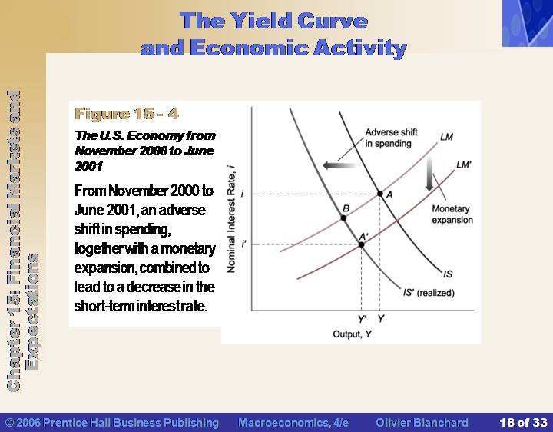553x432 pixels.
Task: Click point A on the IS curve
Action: coord(380,194)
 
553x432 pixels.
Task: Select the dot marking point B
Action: coord(343,218)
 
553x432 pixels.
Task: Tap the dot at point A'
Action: coord(361,244)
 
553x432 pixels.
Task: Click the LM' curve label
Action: coord(463,164)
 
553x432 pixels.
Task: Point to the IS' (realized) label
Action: coord(429,293)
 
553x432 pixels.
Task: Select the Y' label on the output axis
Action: coord(362,319)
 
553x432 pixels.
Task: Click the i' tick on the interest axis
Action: coord(243,244)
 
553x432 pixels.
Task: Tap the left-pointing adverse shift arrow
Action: coord(339,165)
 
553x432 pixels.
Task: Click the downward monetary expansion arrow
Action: coord(429,174)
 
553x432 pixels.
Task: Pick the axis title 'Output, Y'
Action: coord(352,334)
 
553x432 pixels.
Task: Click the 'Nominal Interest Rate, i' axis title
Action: coord(231,218)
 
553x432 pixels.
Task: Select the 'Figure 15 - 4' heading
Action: coord(127,114)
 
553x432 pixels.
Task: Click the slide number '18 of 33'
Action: coord(523,422)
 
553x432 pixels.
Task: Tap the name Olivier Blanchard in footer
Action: coord(422,423)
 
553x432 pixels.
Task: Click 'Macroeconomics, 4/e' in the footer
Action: coord(293,423)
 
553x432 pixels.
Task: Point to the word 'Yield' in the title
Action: coord(260,21)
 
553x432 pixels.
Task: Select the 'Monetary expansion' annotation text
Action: coord(452,214)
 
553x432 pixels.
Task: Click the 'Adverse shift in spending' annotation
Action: coord(391,138)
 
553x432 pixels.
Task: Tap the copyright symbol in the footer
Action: coord(10,423)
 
